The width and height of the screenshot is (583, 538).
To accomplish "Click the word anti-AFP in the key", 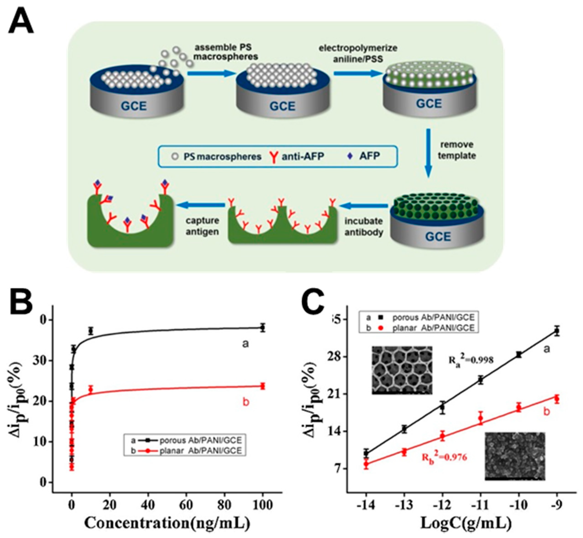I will [302, 156].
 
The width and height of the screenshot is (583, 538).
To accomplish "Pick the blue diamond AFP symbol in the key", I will [350, 156].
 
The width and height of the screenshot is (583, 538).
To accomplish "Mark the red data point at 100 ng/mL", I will [263, 386].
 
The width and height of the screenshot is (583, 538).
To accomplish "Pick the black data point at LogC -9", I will [557, 331].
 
